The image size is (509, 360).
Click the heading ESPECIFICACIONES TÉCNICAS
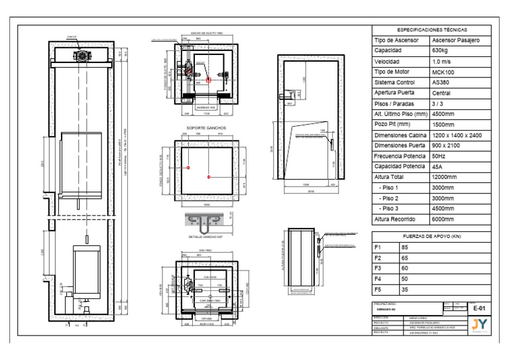pos(431,30)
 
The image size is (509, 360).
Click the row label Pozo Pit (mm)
pos(395,124)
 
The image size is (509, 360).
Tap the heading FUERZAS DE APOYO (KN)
pos(431,237)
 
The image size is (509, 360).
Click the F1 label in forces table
pos(378,247)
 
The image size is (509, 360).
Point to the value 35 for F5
pos(405,290)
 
